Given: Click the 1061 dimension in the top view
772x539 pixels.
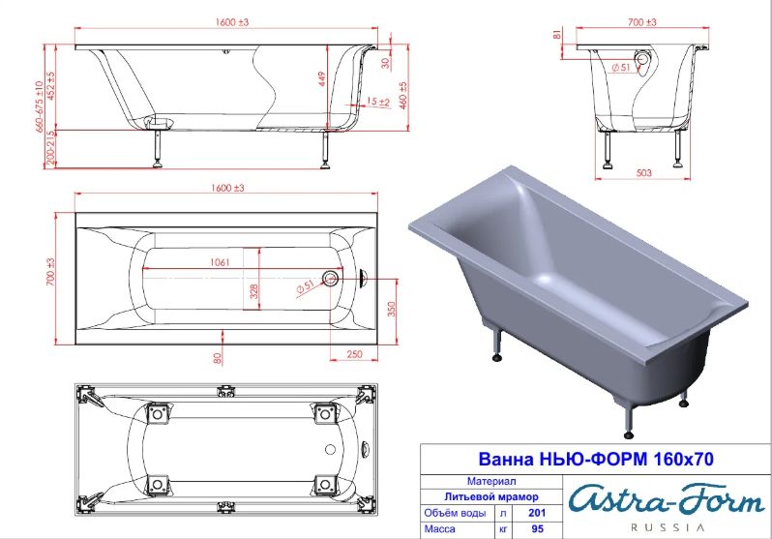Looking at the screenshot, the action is click(x=220, y=262).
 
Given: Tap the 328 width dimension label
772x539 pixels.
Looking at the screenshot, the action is click(x=254, y=290).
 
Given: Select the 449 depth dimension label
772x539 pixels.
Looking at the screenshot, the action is click(x=322, y=79).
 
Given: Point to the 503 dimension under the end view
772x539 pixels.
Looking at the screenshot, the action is click(x=644, y=173).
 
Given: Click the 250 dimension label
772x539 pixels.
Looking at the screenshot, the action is click(x=354, y=354).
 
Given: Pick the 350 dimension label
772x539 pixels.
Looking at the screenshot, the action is click(x=392, y=309).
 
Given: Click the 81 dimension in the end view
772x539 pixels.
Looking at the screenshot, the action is click(x=557, y=34).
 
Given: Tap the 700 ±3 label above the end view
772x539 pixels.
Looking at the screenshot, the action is click(x=642, y=22).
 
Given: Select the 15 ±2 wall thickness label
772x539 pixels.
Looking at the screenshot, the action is click(x=378, y=102).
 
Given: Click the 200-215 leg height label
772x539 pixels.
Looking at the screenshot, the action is click(x=51, y=148).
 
